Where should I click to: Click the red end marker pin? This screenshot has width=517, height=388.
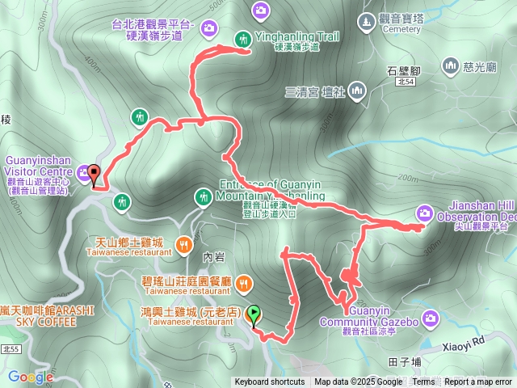click(x=93, y=175)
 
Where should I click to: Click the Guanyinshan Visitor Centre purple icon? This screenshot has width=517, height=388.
click(x=83, y=171)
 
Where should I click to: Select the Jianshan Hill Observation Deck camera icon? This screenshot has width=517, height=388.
click(x=425, y=213)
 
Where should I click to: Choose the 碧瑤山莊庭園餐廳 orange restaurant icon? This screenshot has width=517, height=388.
click(x=244, y=282)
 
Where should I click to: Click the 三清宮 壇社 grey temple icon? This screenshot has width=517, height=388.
click(x=356, y=92)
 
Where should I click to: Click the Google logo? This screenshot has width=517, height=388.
click(x=31, y=377)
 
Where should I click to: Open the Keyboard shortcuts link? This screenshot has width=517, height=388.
click(x=270, y=382)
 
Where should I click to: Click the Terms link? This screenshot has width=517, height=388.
click(x=423, y=382)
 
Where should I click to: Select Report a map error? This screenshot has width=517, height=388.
click(x=478, y=382)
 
